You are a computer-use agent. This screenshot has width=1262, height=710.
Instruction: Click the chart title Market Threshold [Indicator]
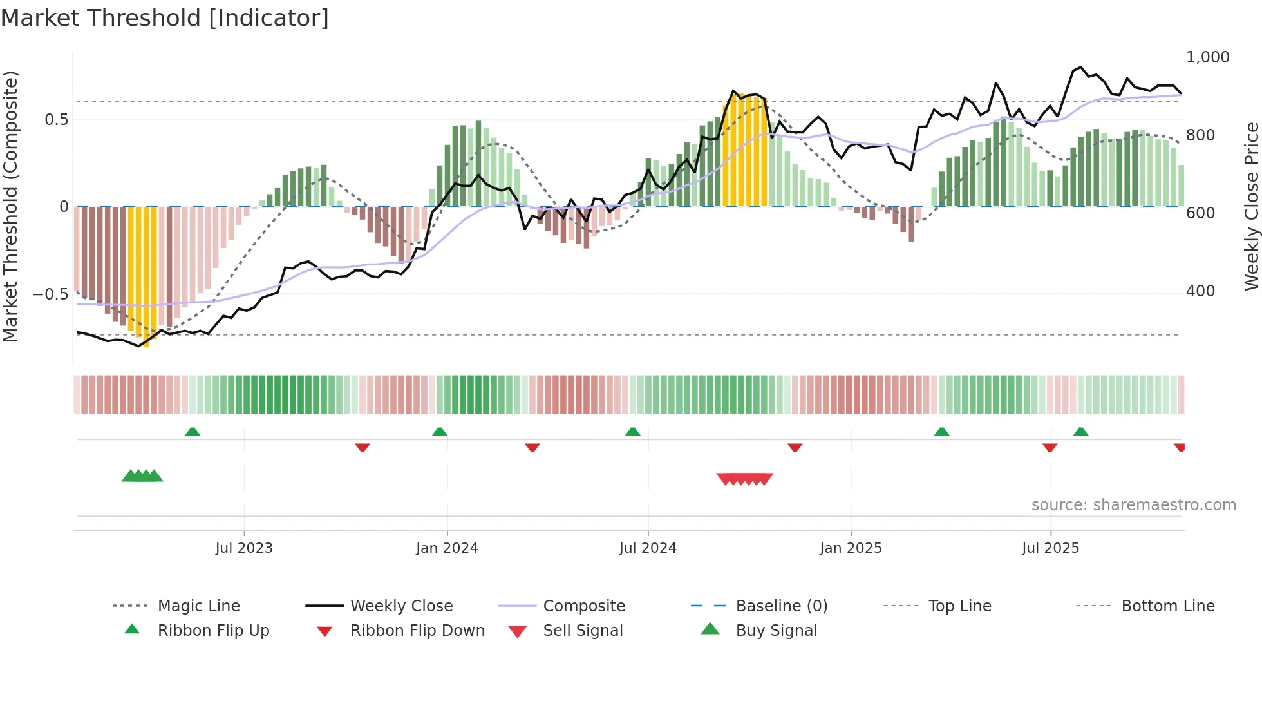(x=165, y=18)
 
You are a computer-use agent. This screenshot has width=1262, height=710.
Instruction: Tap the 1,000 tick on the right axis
(x=1207, y=57)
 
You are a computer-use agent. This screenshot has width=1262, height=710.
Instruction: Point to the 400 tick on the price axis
(x=1200, y=291)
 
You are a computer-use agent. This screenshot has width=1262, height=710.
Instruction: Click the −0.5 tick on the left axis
(x=51, y=294)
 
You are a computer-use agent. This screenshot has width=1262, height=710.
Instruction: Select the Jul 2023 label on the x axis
(x=244, y=548)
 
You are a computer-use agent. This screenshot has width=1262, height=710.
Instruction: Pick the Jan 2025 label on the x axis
(x=851, y=548)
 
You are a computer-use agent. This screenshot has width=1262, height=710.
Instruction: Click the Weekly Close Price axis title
(x=1251, y=206)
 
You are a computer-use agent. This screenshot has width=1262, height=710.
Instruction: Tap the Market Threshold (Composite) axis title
(x=10, y=206)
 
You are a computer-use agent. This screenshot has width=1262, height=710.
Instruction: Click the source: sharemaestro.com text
(x=1133, y=505)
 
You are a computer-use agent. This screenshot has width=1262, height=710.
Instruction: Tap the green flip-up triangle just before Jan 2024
(x=440, y=432)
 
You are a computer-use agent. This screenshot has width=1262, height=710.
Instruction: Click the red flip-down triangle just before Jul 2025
(x=1050, y=447)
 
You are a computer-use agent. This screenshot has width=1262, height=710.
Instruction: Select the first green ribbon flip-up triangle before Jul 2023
(x=193, y=432)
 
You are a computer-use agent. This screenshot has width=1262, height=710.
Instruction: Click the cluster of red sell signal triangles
(x=745, y=479)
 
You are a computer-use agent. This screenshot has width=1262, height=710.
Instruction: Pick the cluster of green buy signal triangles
(x=142, y=476)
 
